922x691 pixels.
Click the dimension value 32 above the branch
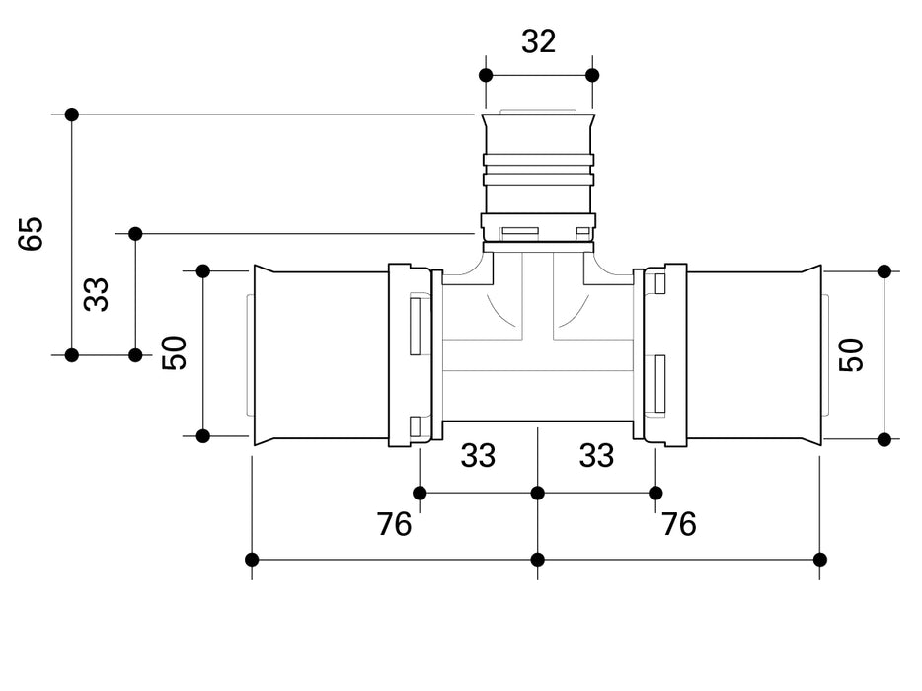(x=538, y=41)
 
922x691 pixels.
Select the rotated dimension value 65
(x=33, y=234)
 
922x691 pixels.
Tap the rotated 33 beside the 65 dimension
(x=96, y=294)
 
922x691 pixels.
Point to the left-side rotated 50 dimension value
(x=175, y=353)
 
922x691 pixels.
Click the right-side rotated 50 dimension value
(x=852, y=354)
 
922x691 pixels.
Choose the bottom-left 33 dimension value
(x=478, y=456)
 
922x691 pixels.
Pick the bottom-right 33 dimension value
(x=596, y=456)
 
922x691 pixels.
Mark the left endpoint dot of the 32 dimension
(x=485, y=75)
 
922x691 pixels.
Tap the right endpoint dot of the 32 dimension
(x=592, y=75)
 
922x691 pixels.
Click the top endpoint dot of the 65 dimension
(x=71, y=115)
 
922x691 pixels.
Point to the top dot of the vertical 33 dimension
(x=135, y=234)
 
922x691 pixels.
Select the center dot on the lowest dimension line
(x=538, y=560)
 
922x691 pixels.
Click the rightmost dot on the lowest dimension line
(x=819, y=560)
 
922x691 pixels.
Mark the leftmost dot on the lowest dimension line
(x=252, y=560)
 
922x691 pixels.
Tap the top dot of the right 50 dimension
(x=884, y=271)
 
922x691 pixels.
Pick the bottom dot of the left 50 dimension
(x=203, y=435)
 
